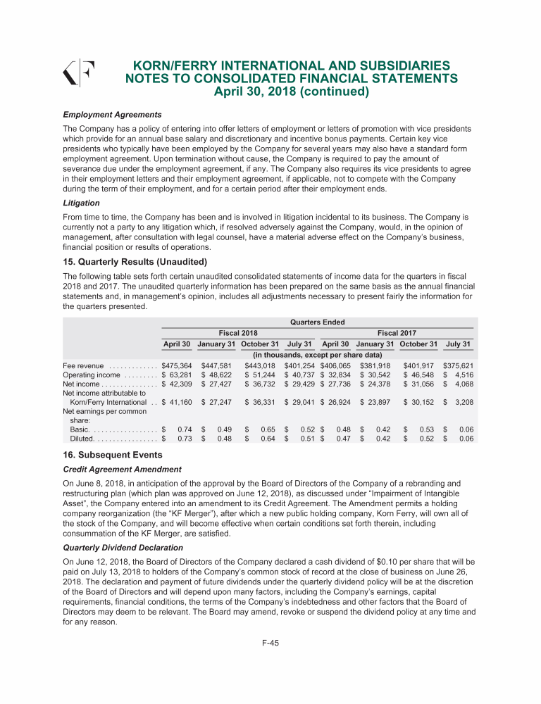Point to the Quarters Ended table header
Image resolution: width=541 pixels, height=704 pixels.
coord(317,322)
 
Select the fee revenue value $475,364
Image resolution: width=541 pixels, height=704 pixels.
coord(177,366)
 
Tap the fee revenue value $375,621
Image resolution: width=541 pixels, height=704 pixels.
coord(458,366)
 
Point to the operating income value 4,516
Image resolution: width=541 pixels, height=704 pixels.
coord(462,375)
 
